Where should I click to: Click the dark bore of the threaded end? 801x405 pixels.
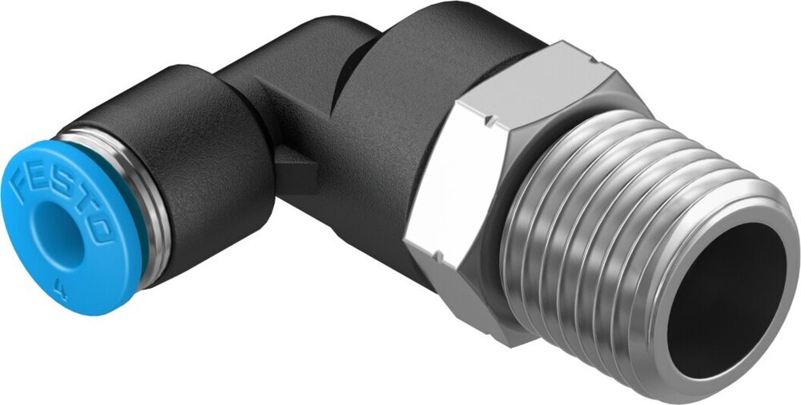point(729,296)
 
